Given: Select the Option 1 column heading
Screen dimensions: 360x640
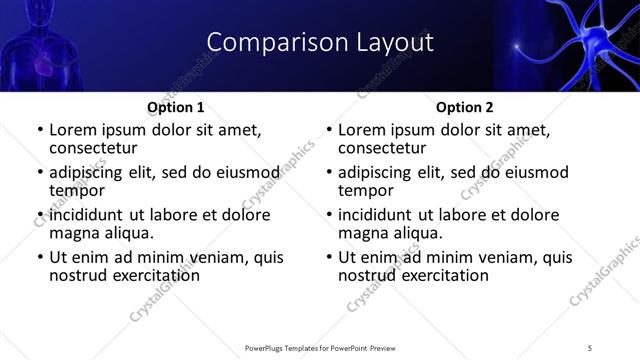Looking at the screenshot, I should [x=176, y=107].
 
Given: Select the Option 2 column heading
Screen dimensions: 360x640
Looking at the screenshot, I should [x=465, y=107].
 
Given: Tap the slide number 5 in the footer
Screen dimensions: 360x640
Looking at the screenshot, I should [x=590, y=347].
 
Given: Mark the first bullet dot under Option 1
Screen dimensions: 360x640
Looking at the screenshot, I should [x=40, y=130].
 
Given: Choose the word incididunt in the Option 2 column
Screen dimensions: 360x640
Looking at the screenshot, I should [x=383, y=215].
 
